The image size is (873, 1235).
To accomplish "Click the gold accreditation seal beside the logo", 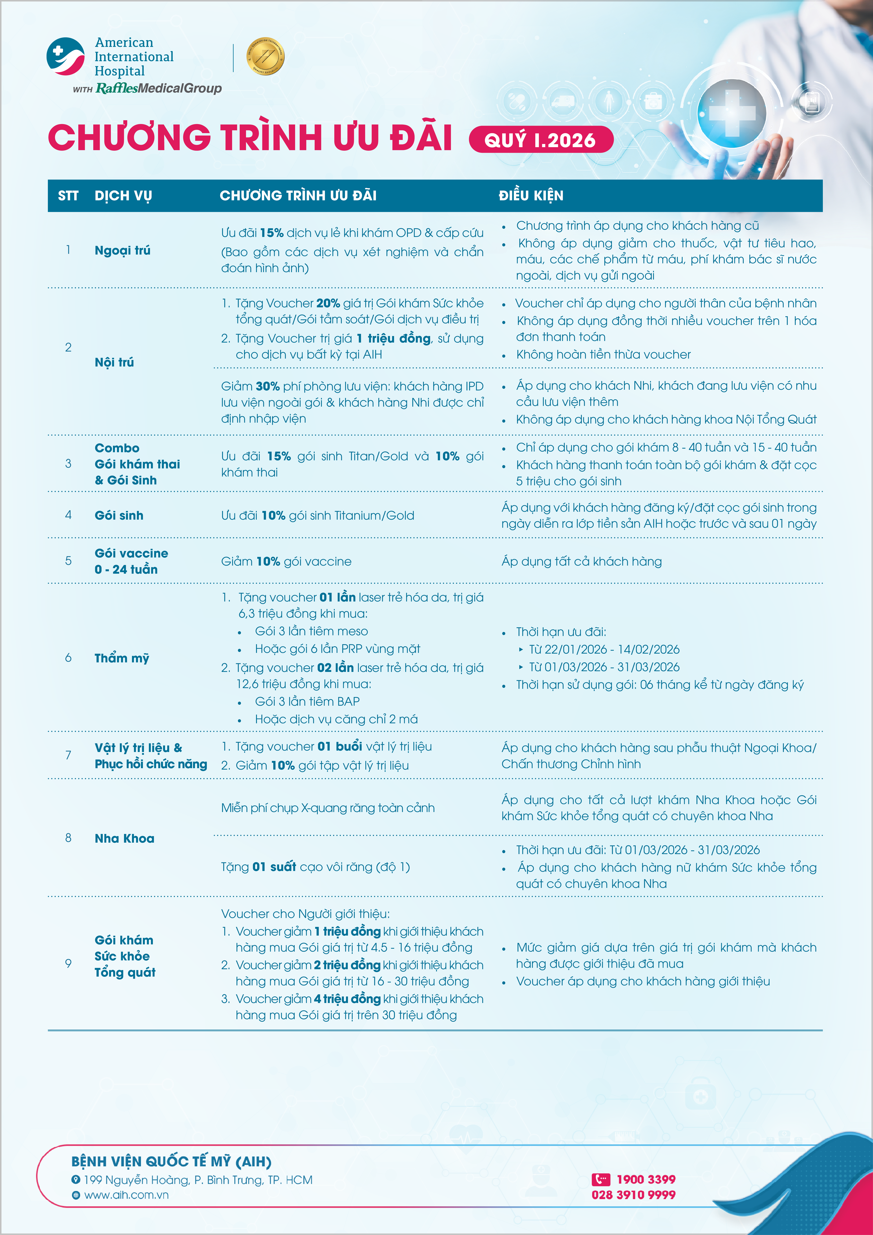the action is point(265,57).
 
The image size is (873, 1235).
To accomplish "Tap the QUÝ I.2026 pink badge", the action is point(541,140).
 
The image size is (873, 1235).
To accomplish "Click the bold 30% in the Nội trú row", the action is point(267,386).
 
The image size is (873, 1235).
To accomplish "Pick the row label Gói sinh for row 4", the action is point(119,515).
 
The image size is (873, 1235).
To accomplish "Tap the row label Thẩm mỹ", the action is point(122,658).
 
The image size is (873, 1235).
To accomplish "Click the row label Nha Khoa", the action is point(124,838).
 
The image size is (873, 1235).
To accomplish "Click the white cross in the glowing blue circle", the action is point(732,114).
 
